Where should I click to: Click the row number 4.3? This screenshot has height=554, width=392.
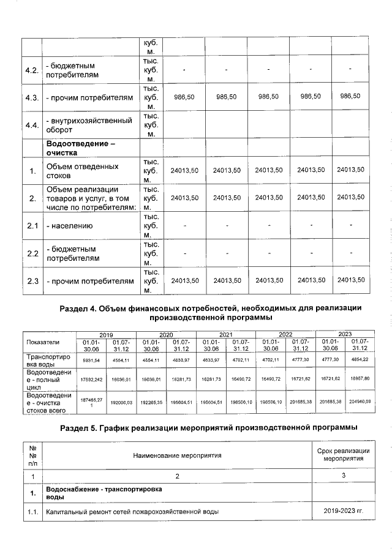pyautogui.click(x=32, y=97)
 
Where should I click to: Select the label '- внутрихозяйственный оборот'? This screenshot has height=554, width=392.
pyautogui.click(x=89, y=125)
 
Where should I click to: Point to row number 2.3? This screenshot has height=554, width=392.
pyautogui.click(x=32, y=281)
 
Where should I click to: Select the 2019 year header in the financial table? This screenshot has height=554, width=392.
pyautogui.click(x=106, y=334)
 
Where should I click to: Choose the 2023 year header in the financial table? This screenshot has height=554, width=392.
pyautogui.click(x=345, y=334)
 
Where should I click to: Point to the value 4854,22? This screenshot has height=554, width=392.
pyautogui.click(x=360, y=360)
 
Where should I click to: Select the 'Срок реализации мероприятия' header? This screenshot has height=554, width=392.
pyautogui.click(x=342, y=455)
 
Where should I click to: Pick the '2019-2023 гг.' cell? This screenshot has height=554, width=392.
pyautogui.click(x=342, y=511)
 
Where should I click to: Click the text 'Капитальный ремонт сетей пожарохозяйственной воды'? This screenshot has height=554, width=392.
pyautogui.click(x=133, y=511)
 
